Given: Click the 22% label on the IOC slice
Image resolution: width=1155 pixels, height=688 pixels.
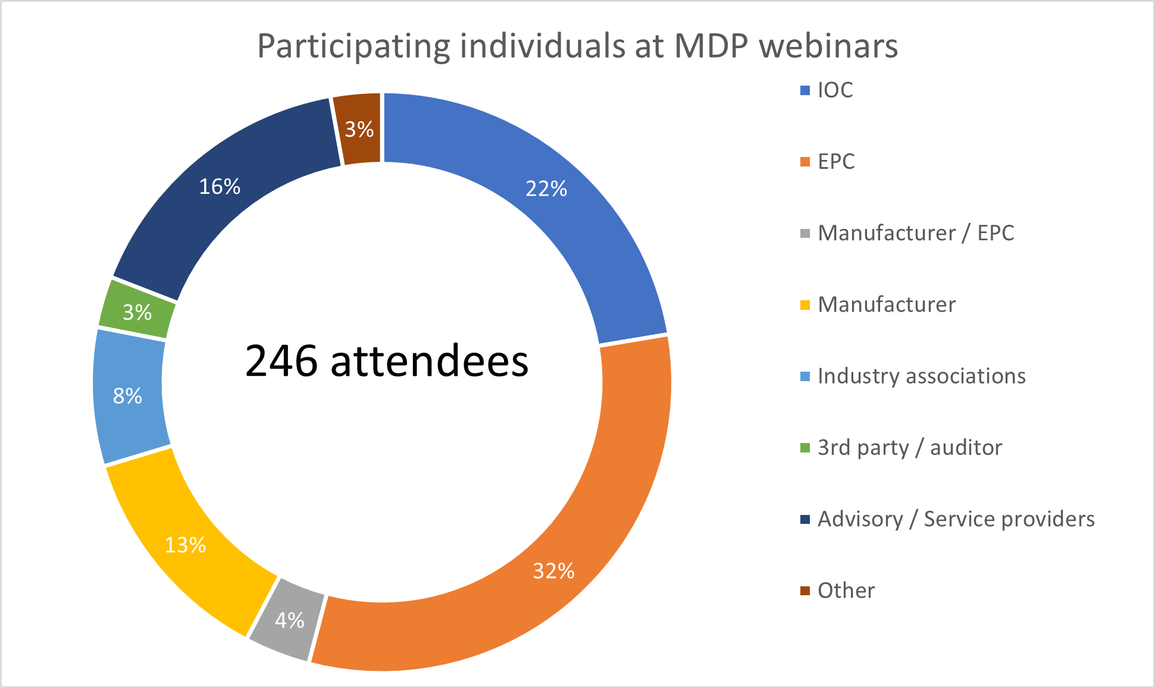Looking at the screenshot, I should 546,189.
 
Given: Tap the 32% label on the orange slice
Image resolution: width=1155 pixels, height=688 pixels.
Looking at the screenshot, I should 553,571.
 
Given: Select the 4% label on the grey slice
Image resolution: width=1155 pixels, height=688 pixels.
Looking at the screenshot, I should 290,621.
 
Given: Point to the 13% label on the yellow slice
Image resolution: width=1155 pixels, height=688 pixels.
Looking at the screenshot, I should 185,545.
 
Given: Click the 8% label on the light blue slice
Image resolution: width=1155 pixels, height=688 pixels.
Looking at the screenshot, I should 127,396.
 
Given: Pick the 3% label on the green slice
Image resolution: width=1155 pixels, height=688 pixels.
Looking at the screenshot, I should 137,312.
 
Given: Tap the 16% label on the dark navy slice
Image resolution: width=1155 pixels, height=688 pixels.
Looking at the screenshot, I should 220,187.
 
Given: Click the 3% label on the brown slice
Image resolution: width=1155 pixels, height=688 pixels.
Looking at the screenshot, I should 359,129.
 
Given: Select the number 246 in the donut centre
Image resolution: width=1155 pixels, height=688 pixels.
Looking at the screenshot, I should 281,361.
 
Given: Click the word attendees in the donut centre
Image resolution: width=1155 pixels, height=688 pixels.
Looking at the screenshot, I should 429,361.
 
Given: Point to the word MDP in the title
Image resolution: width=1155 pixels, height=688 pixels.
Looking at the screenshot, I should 710,46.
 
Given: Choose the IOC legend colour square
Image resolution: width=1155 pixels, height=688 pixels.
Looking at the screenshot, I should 805,90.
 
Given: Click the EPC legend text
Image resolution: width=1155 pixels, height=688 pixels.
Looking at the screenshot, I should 836,162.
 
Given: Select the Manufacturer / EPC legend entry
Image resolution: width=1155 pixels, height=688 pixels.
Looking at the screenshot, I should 916,233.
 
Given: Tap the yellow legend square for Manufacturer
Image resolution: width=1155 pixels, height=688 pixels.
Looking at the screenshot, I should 805,305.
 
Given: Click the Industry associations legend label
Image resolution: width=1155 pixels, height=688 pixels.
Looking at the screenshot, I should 922,376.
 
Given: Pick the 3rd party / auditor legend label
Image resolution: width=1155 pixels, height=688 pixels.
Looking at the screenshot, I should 910,448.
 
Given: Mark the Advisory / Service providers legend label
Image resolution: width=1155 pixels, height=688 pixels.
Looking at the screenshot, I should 956,519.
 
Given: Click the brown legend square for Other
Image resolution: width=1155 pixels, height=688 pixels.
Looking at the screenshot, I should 805,590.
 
